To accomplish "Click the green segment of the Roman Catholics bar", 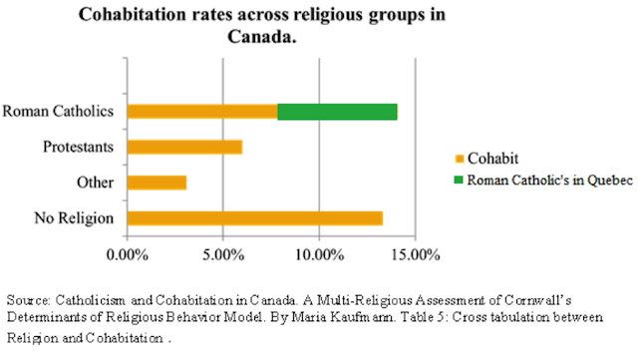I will (337, 111).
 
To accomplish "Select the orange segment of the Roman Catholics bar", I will (201, 111).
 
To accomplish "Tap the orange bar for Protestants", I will (184, 147).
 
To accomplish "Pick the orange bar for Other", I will (157, 182).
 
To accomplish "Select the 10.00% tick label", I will (318, 254).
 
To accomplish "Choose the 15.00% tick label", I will (414, 254).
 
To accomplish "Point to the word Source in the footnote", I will (28, 299).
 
